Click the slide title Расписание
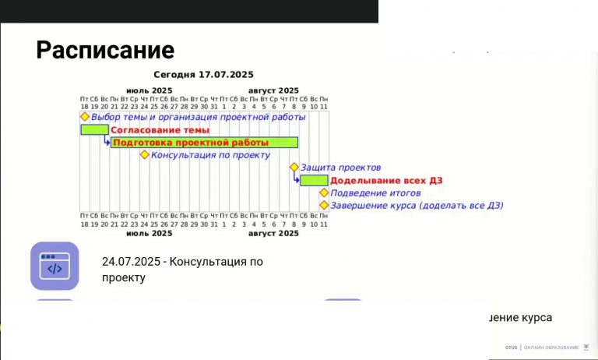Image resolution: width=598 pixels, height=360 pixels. pyautogui.click(x=105, y=51)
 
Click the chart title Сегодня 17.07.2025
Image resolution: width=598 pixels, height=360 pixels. pyautogui.click(x=204, y=75)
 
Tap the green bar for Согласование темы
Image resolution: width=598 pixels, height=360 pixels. pyautogui.click(x=94, y=129)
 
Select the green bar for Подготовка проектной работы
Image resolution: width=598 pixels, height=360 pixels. pyautogui.click(x=205, y=143)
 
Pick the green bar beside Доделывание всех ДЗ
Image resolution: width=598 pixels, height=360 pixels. pyautogui.click(x=314, y=180)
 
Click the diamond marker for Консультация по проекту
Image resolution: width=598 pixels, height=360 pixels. pyautogui.click(x=144, y=154)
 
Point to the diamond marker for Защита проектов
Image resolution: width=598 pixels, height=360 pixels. pyautogui.click(x=294, y=167)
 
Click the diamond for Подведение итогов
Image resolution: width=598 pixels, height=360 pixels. pyautogui.click(x=324, y=192)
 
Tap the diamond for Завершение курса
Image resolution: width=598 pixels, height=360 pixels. pyautogui.click(x=324, y=205)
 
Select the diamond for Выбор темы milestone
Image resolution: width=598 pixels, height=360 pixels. pyautogui.click(x=85, y=117)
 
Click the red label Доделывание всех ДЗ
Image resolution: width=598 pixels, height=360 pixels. pyautogui.click(x=375, y=180)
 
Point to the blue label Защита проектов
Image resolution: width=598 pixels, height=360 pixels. pyautogui.click(x=340, y=168)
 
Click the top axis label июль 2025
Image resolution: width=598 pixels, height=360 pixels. pyautogui.click(x=149, y=90)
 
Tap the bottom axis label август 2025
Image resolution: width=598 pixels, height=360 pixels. pyautogui.click(x=273, y=233)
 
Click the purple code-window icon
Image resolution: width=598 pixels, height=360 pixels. pyautogui.click(x=55, y=266)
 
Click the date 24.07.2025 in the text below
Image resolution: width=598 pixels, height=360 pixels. pyautogui.click(x=132, y=262)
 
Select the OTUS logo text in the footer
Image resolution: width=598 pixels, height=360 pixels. pyautogui.click(x=511, y=347)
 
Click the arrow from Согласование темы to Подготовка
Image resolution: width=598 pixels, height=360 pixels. pyautogui.click(x=107, y=141)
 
